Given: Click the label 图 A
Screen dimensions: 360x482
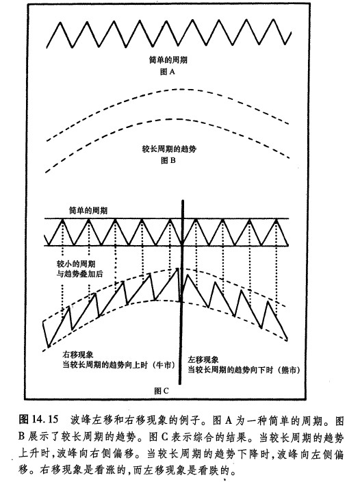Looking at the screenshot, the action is pyautogui.click(x=168, y=72).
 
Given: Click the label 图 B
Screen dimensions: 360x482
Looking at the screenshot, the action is pyautogui.click(x=168, y=160).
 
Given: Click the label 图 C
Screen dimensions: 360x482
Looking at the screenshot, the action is pyautogui.click(x=162, y=391).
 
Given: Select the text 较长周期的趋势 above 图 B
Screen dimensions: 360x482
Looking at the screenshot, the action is pyautogui.click(x=169, y=149).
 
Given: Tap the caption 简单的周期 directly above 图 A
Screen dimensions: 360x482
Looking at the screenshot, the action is pyautogui.click(x=168, y=60).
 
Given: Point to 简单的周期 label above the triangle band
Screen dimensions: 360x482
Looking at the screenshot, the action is pyautogui.click(x=88, y=211).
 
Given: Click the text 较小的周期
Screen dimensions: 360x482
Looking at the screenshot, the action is pyautogui.click(x=76, y=264).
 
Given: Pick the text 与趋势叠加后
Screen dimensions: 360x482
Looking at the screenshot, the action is pyautogui.click(x=79, y=274).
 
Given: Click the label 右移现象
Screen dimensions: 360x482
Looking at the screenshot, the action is pyautogui.click(x=78, y=355).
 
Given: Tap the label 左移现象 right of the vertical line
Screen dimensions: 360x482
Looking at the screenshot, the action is pyautogui.click(x=203, y=359).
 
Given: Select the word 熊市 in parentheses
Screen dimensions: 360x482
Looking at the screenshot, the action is pyautogui.click(x=288, y=370).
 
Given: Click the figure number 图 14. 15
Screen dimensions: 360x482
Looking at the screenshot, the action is pyautogui.click(x=38, y=419).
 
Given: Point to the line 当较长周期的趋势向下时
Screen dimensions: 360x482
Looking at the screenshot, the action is pyautogui.click(x=231, y=370).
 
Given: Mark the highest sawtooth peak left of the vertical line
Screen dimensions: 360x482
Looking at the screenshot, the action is pyautogui.click(x=177, y=268).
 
